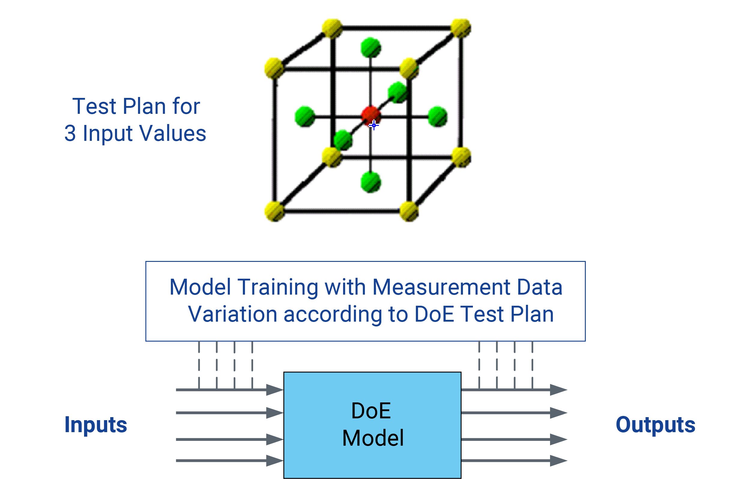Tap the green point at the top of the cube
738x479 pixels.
coord(371,48)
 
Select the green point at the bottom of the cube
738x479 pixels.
coord(371,182)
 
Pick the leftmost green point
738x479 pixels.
coord(305,117)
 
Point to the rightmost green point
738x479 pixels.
coord(437,117)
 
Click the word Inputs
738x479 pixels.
coord(95,425)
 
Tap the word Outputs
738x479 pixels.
coord(655,425)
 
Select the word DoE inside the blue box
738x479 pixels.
coord(371,411)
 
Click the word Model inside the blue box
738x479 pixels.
coord(373,438)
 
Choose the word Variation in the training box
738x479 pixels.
coord(232,314)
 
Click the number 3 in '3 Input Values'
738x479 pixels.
coord(70,133)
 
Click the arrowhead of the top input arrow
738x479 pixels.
coord(275,390)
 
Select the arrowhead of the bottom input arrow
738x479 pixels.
coord(275,461)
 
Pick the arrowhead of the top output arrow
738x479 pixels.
coord(558,390)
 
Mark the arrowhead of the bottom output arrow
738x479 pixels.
coord(558,461)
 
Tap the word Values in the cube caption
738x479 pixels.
coord(173,133)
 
